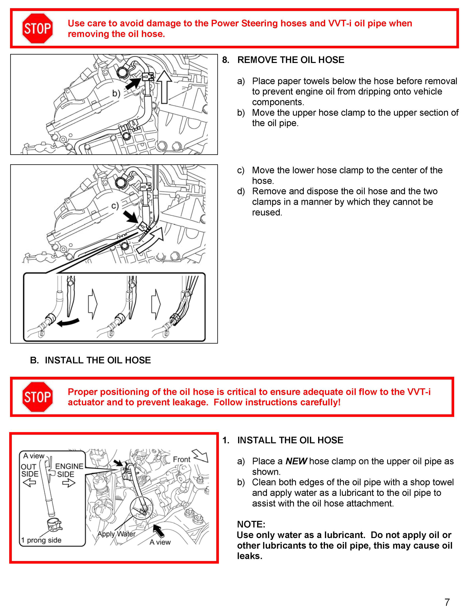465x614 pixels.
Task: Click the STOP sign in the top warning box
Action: [x=37, y=28]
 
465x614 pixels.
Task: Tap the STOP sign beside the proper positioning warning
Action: [x=37, y=397]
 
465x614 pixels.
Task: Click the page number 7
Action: [x=447, y=602]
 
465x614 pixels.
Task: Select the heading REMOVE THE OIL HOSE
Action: [x=290, y=60]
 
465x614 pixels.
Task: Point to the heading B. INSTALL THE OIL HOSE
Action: [x=90, y=360]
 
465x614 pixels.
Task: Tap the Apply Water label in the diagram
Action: [x=116, y=534]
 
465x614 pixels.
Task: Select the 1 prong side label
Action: [x=41, y=540]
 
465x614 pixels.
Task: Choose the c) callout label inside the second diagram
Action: [x=115, y=206]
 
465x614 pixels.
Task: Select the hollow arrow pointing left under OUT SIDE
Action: [x=29, y=483]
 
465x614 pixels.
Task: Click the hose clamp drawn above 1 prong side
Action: [x=54, y=524]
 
